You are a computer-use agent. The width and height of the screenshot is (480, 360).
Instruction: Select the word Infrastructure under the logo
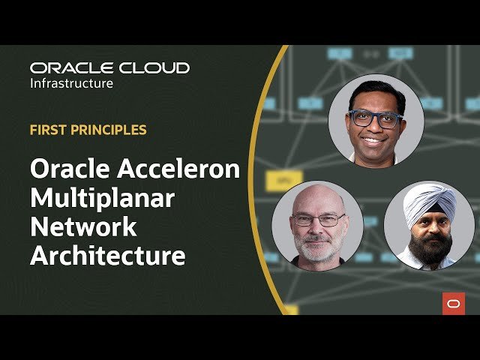[x=71, y=83]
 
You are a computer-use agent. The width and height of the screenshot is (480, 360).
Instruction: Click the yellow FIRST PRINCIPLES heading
[x=88, y=130]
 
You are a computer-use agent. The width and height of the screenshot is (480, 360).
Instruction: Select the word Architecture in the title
[x=107, y=255]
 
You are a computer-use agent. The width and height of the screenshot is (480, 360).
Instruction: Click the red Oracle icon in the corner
[x=453, y=303]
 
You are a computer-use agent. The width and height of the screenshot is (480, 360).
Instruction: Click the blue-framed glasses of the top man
[x=375, y=118]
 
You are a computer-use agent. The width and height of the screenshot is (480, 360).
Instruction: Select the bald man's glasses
[x=318, y=220]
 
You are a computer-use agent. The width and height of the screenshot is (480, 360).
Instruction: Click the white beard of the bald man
[x=318, y=247]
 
